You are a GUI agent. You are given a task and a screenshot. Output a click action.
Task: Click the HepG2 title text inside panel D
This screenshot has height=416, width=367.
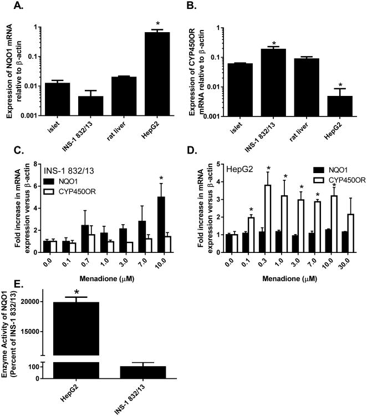(x=232, y=166)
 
